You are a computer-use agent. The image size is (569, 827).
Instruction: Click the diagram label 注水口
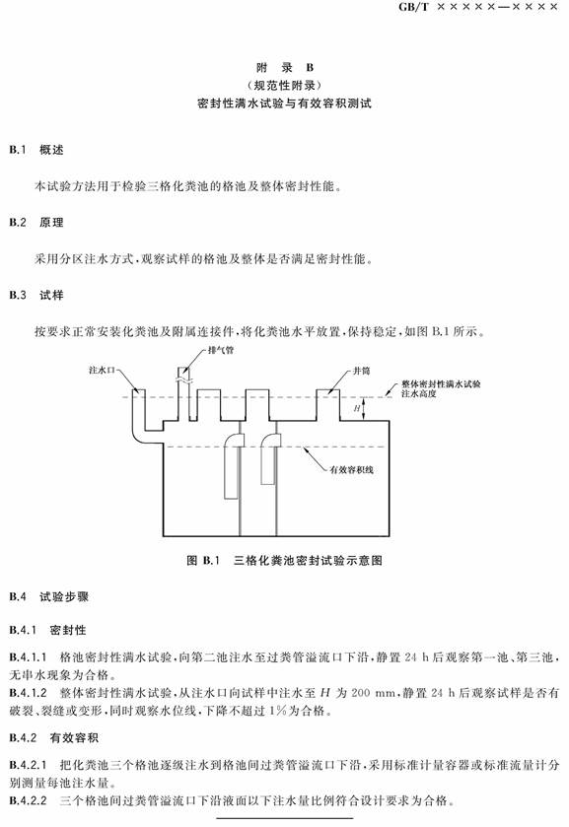102,371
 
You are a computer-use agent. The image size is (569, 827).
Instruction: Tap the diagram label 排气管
221,350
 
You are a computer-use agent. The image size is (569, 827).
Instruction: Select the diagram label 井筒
361,371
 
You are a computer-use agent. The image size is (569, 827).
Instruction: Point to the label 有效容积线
351,469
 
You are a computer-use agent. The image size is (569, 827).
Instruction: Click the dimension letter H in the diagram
357,408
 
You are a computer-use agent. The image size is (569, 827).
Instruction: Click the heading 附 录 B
285,67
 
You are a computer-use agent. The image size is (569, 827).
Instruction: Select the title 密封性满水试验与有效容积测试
284,103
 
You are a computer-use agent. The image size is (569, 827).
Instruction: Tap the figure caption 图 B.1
203,560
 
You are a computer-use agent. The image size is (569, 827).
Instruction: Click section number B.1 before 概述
18,150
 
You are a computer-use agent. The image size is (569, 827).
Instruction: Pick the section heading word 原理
51,223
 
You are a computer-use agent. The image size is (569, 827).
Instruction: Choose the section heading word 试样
51,296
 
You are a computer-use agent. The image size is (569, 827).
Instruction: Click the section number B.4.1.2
28,693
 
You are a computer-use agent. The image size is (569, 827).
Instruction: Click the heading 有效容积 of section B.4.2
74,738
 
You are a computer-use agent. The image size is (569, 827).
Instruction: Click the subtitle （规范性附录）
284,85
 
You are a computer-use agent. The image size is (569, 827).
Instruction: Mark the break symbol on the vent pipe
182,379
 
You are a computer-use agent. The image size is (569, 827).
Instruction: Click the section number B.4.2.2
28,800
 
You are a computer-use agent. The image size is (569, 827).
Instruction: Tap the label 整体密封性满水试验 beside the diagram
441,384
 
